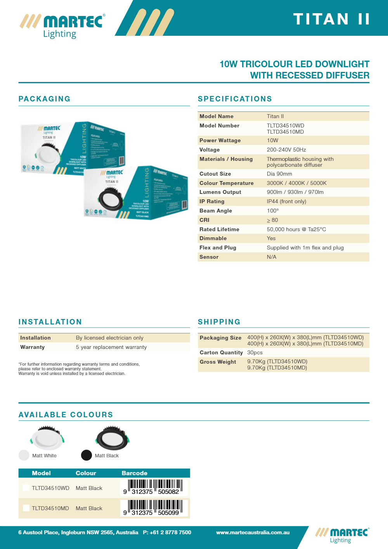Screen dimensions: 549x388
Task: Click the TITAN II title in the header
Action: pos(331,19)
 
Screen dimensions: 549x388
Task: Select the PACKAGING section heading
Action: pos(45,99)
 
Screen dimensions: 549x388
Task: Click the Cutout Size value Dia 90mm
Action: pos(279,174)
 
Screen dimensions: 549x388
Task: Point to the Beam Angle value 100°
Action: pos(273,211)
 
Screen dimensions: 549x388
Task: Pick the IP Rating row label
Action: pos(212,201)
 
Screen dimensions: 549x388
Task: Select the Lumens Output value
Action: pos(295,192)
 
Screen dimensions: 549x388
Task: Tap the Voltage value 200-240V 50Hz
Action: pos(286,150)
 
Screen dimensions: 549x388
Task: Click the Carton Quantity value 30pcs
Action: pos(255,352)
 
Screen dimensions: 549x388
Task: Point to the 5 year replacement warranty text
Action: pos(111,347)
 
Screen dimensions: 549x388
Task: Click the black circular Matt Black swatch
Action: pos(87,455)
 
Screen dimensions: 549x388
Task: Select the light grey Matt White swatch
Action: pos(24,455)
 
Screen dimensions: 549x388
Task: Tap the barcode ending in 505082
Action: pos(154,487)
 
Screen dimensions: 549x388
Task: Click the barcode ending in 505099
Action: pos(154,508)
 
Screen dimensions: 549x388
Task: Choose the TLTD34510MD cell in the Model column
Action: pos(50,508)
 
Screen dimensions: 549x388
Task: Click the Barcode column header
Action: pos(135,473)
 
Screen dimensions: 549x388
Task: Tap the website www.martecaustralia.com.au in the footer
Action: pos(253,532)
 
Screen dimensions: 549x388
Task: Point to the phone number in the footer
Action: pos(167,532)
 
